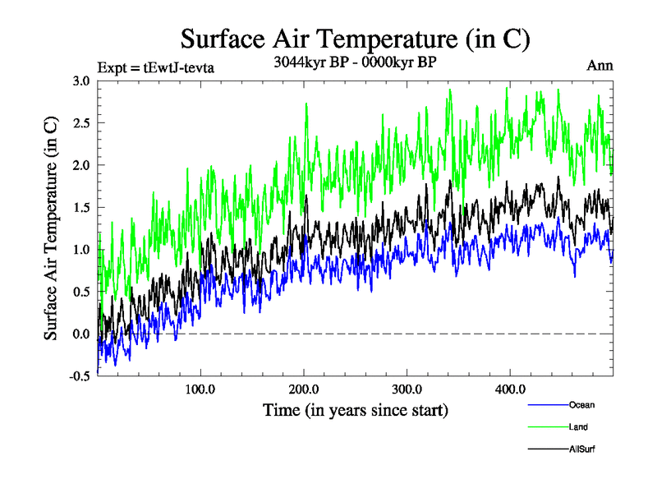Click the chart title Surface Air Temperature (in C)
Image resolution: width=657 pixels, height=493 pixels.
tap(355, 39)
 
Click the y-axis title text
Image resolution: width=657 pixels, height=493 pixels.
tap(51, 228)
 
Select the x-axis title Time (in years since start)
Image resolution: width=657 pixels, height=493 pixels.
tap(355, 409)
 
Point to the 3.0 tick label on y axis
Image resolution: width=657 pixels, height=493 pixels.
tap(81, 81)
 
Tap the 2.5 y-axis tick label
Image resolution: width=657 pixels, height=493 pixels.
tap(81, 122)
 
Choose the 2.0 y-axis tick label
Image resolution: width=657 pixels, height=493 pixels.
tap(81, 165)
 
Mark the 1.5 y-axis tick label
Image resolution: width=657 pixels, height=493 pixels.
tap(81, 207)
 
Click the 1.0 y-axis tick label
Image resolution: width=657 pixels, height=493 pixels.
tap(81, 250)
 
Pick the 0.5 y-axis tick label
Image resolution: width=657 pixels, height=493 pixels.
tap(81, 292)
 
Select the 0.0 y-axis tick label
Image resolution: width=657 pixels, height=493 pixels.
tap(81, 334)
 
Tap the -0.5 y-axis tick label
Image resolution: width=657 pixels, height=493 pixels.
tap(80, 376)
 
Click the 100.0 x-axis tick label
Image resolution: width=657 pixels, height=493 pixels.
tap(200, 389)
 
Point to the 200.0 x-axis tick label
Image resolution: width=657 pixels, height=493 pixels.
tap(304, 389)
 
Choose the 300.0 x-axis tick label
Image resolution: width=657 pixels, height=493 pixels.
tap(407, 389)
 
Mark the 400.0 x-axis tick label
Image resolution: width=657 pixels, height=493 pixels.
tap(510, 389)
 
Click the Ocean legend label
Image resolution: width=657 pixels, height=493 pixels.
tap(581, 405)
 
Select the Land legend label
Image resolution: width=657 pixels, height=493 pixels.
tap(578, 427)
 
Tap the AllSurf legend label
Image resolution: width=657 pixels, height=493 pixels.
tap(582, 449)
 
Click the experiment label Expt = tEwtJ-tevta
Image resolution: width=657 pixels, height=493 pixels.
tap(156, 67)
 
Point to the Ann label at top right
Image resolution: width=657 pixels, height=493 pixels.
tap(600, 66)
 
